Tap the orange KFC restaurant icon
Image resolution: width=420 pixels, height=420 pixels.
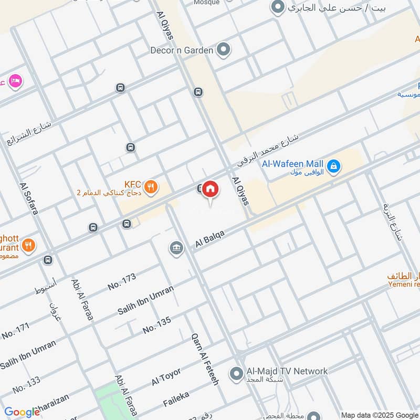coord(151,186)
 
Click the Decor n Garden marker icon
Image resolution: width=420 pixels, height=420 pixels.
coord(224,50)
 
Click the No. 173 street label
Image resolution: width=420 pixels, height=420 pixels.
coord(122,281)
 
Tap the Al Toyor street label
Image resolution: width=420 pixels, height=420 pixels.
coord(166,376)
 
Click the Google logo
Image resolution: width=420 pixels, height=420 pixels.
coord(22,412)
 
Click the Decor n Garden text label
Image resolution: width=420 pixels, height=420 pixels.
coord(182,50)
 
